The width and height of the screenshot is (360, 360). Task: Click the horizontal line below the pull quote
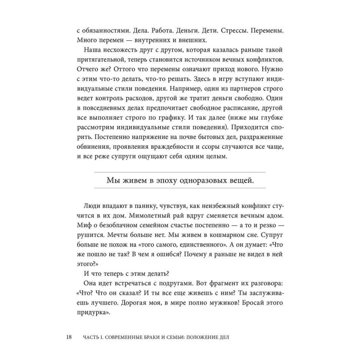(180, 188)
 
